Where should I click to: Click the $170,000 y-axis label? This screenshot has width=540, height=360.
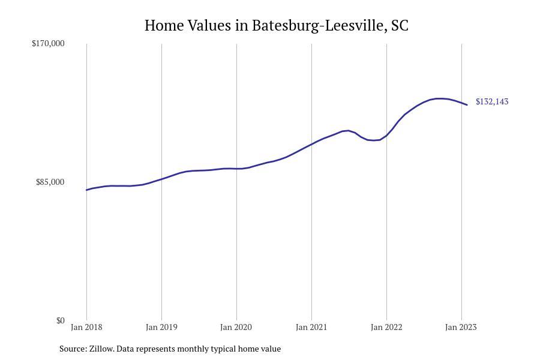click(48, 43)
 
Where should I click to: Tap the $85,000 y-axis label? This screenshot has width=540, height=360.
click(50, 182)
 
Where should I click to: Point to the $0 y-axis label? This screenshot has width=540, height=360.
click(61, 320)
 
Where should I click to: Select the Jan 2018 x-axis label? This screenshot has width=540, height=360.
click(86, 327)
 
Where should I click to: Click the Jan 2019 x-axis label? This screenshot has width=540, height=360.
click(161, 327)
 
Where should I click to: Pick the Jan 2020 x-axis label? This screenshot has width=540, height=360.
click(236, 327)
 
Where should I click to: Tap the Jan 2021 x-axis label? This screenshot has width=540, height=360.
click(311, 327)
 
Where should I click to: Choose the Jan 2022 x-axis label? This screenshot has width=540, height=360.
click(386, 327)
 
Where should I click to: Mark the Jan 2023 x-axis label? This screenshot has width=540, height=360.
click(461, 327)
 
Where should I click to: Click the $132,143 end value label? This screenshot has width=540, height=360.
click(492, 101)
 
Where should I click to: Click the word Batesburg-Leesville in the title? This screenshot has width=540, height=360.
click(319, 26)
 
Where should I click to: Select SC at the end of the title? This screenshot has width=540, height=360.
click(400, 26)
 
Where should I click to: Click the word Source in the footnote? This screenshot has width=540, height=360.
click(72, 349)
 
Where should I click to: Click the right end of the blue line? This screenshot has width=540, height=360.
click(467, 105)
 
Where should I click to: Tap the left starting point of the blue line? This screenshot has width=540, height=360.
click(87, 190)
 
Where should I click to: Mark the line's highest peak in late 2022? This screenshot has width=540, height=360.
click(440, 98)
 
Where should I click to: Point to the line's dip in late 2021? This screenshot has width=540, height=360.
click(373, 140)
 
